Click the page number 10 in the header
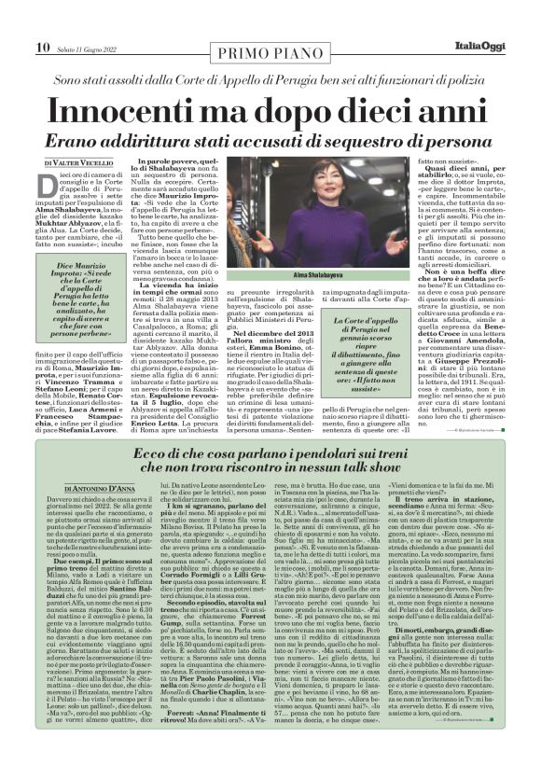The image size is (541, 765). (x=16, y=21)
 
